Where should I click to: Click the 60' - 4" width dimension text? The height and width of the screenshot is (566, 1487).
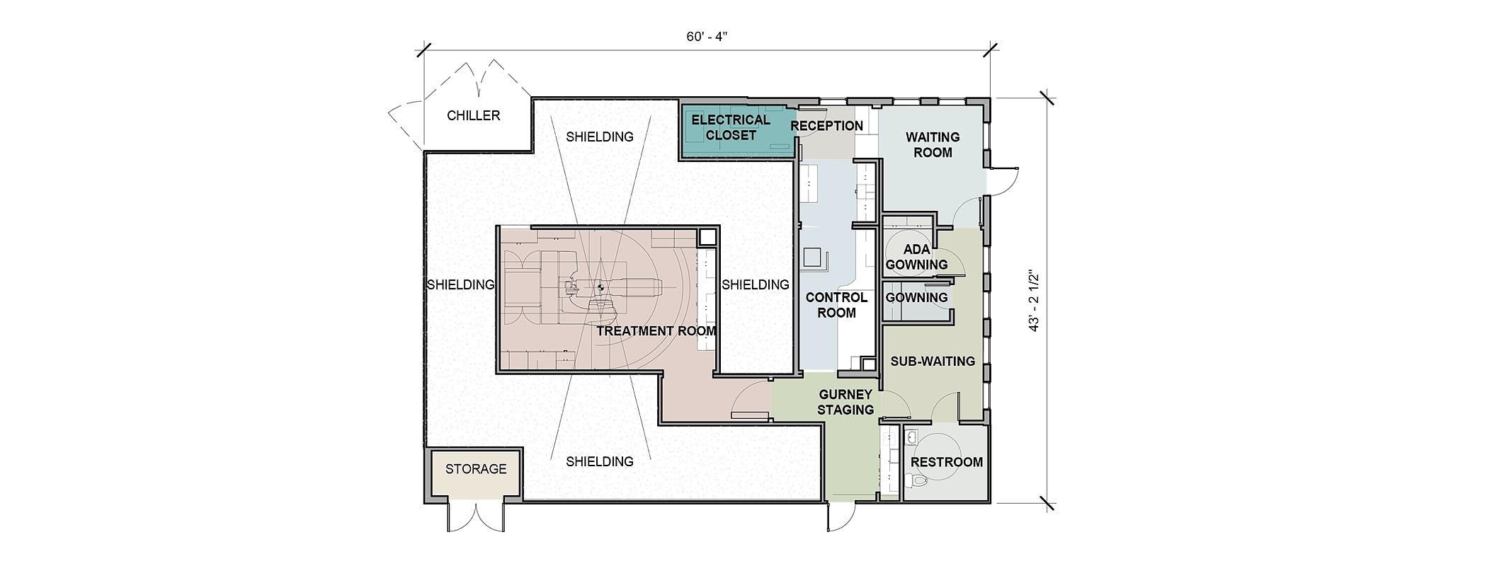pyautogui.click(x=707, y=37)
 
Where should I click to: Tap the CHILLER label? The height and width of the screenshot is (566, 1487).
pyautogui.click(x=474, y=115)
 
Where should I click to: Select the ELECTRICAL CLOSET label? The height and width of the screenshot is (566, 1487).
pyautogui.click(x=731, y=127)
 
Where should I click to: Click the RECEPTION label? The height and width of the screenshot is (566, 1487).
pyautogui.click(x=827, y=126)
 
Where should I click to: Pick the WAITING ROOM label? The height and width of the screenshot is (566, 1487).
pyautogui.click(x=933, y=144)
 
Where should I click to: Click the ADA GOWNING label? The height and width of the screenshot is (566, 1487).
pyautogui.click(x=916, y=257)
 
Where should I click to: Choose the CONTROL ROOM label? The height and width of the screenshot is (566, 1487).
pyautogui.click(x=836, y=305)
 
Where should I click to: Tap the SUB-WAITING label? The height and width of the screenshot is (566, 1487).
pyautogui.click(x=933, y=361)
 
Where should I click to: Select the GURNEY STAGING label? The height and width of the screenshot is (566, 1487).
pyautogui.click(x=845, y=402)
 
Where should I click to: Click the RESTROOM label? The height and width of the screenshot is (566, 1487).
pyautogui.click(x=947, y=462)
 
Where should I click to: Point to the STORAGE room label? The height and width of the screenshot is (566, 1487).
pyautogui.click(x=476, y=468)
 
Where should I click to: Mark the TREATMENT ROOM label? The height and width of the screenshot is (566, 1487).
pyautogui.click(x=656, y=330)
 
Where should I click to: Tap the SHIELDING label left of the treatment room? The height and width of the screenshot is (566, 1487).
pyautogui.click(x=460, y=284)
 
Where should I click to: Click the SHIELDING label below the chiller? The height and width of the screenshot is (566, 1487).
pyautogui.click(x=600, y=137)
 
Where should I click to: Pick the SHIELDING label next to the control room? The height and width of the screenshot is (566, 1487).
pyautogui.click(x=756, y=284)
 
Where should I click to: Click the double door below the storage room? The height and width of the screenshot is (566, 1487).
pyautogui.click(x=476, y=515)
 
